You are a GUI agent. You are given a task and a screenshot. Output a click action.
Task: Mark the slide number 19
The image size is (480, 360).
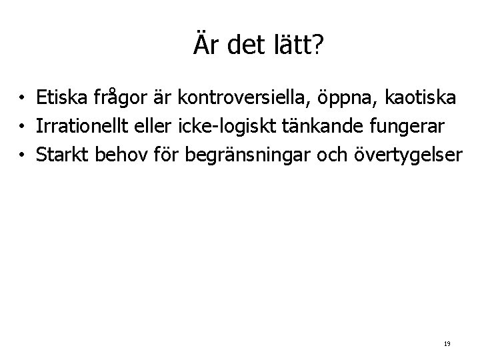[447, 344]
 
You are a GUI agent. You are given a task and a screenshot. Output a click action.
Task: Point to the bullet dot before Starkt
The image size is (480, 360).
[23, 155]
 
